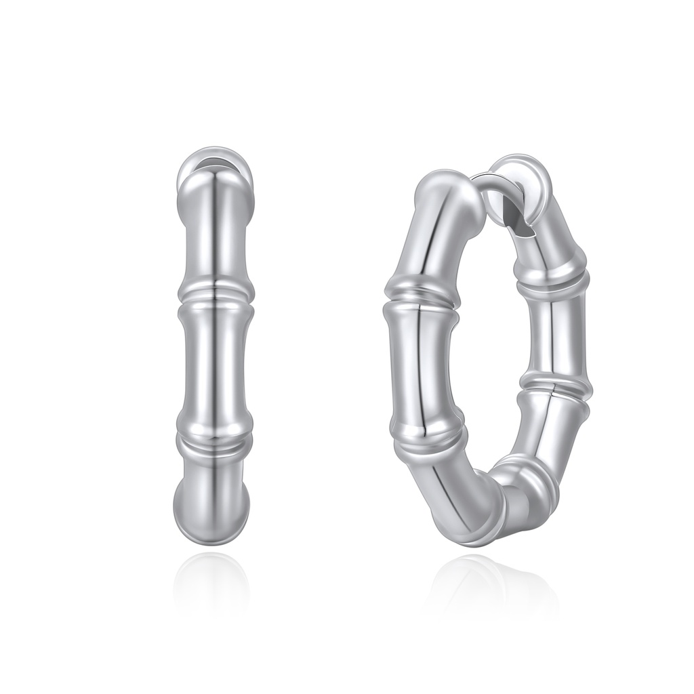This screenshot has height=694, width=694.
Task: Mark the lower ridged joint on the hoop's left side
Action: [432, 441]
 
